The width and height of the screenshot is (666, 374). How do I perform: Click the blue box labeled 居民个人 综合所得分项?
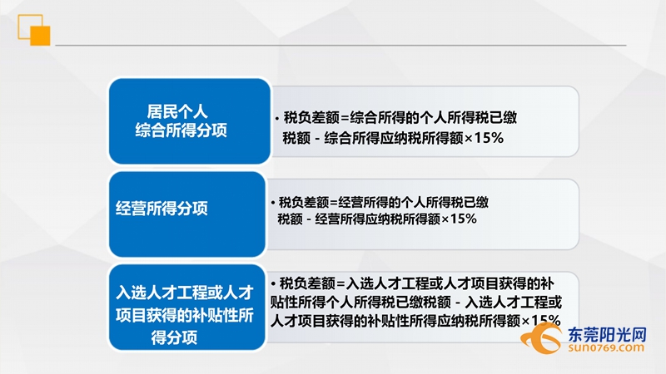[x=189, y=121]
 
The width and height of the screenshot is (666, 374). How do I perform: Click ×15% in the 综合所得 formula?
[x=487, y=137]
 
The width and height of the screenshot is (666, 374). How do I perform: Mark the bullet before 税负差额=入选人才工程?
[x=273, y=282]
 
